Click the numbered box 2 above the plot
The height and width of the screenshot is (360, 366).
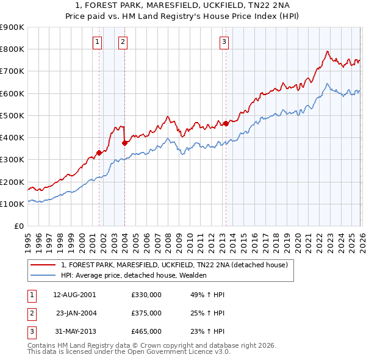pos(123,41)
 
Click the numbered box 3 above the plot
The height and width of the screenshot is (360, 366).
pos(224,41)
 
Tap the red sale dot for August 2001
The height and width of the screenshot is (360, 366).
pos(99,153)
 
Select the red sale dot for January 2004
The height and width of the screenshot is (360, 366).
pos(125,143)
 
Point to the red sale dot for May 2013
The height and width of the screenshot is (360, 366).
pos(226,123)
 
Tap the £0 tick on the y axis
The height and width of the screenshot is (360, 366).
pos(18,226)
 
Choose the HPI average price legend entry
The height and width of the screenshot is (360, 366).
pos(134,275)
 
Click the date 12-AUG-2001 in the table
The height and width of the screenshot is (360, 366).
pos(74,294)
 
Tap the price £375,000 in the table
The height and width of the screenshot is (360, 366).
pos(146,313)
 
